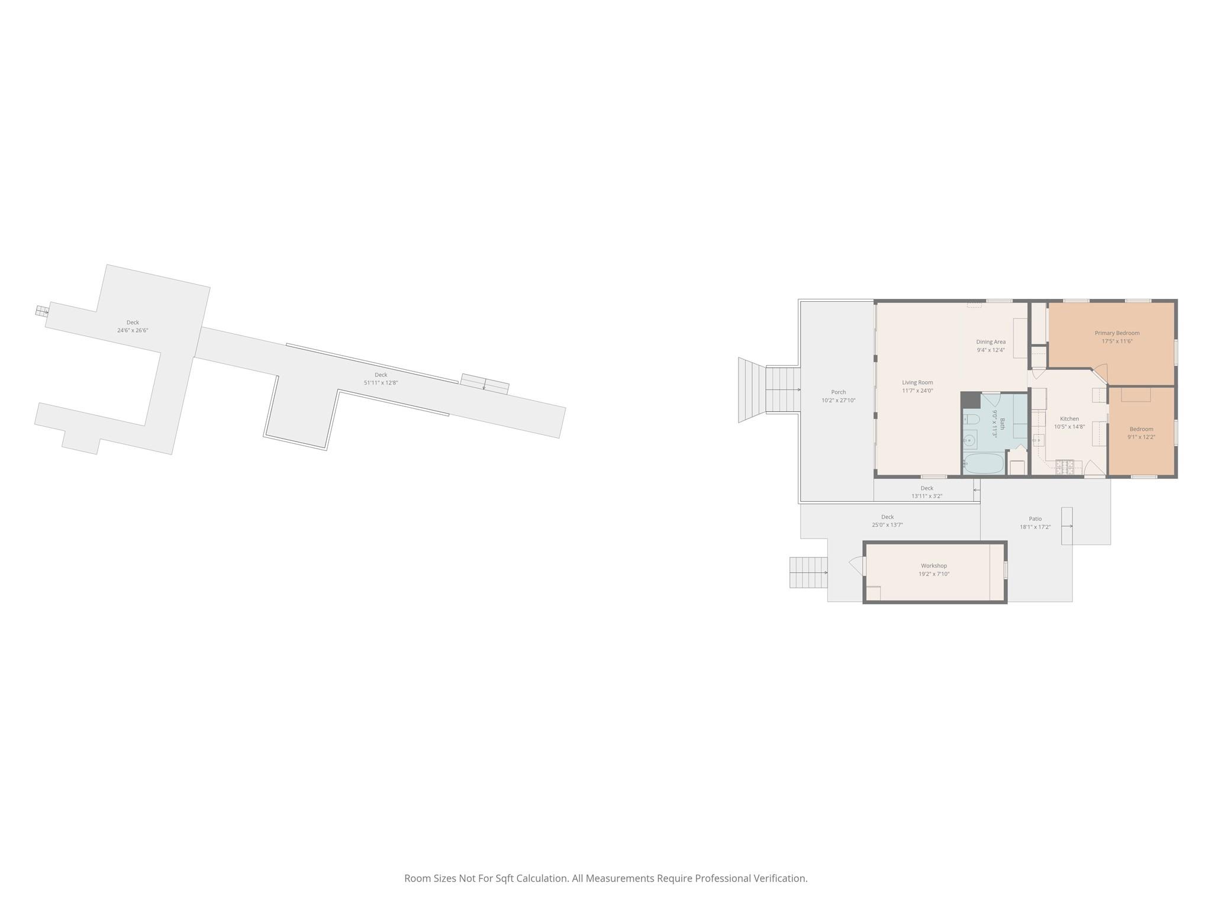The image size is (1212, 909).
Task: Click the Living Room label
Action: (917, 382)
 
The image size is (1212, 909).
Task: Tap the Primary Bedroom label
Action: (1117, 333)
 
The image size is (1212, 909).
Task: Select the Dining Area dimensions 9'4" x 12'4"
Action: (991, 350)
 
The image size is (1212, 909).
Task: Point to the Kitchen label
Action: (1069, 419)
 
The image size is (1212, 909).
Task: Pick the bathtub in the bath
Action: (984, 463)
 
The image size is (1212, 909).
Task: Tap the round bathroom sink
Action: (970, 441)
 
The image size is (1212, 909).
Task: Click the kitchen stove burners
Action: (1065, 466)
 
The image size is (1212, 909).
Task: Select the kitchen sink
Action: (1039, 439)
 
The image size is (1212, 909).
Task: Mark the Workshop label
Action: (934, 566)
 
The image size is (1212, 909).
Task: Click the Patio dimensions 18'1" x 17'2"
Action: (1035, 527)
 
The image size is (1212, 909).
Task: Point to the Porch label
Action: (838, 392)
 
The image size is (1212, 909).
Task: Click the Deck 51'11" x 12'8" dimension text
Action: (381, 383)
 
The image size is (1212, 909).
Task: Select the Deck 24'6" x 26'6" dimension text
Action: (133, 330)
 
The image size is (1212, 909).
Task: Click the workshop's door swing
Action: (856, 566)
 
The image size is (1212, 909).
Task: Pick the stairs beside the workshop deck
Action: (808, 572)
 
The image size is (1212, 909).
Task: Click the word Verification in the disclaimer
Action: (779, 878)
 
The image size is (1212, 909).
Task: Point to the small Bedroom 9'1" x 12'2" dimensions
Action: (1141, 437)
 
